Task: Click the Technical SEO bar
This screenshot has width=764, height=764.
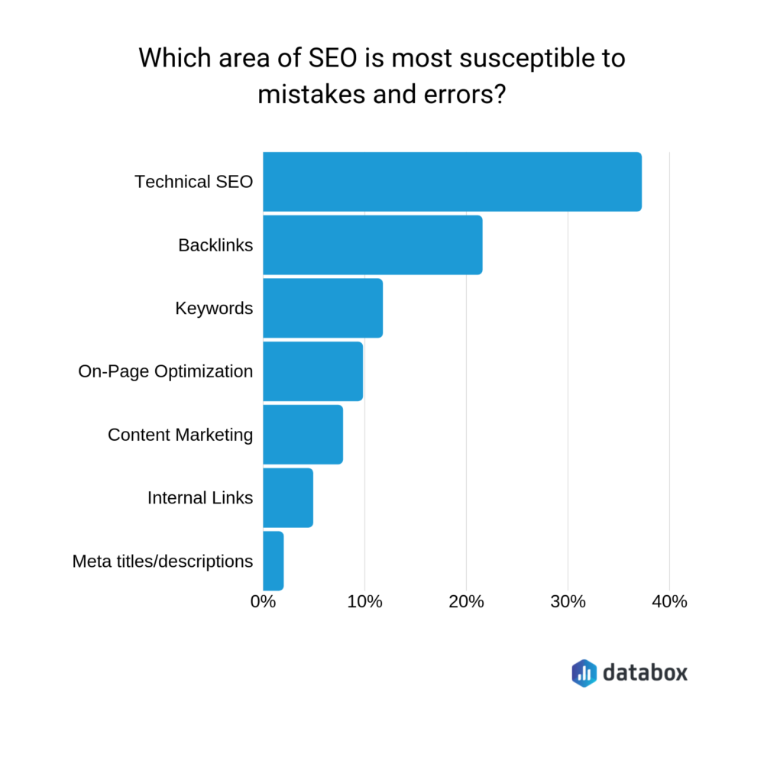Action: [x=452, y=182]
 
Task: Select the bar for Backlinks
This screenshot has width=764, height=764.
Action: [x=372, y=245]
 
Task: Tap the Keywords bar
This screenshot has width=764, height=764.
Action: [x=322, y=309]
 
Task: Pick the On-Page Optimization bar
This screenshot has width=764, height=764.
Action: [x=312, y=371]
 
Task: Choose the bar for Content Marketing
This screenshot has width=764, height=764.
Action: [x=303, y=435]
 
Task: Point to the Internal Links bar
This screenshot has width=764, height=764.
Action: [x=287, y=498]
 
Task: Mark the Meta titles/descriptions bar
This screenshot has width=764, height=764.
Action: [x=273, y=561]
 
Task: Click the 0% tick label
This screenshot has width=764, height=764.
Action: [x=263, y=601]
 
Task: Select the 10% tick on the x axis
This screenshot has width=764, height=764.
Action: [x=364, y=601]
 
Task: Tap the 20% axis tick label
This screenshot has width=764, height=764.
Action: [x=466, y=601]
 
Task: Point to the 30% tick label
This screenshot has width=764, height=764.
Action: [x=568, y=601]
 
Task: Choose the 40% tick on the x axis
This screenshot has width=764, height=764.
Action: [x=669, y=601]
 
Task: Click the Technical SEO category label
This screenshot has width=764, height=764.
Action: [x=193, y=182]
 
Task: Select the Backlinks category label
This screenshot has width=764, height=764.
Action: [x=215, y=245]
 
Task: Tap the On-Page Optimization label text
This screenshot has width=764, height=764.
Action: [x=165, y=371]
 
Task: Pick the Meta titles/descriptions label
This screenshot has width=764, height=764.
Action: [x=163, y=562]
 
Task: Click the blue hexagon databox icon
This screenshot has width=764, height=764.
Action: [x=584, y=672]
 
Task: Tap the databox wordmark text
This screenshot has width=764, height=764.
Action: [x=645, y=672]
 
